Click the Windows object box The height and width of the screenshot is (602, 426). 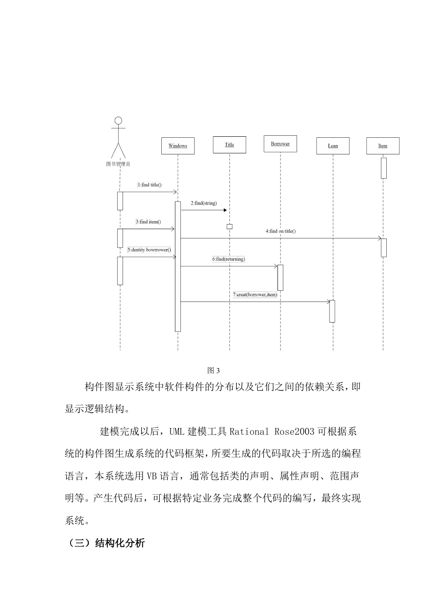tap(177, 146)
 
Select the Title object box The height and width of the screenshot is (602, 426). tap(229, 145)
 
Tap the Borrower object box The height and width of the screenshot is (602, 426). tap(280, 144)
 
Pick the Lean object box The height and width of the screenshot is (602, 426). tap(333, 146)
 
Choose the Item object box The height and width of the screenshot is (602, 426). tap(383, 146)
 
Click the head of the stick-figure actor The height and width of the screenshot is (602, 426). tap(118, 121)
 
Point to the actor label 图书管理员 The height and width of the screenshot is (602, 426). tap(118, 164)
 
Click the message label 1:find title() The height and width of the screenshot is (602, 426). tap(150, 185)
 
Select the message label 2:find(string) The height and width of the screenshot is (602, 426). tap(204, 203)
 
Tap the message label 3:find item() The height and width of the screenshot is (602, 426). tap(149, 222)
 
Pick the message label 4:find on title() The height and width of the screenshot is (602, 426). tap(280, 231)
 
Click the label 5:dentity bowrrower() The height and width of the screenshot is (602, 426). tap(149, 250)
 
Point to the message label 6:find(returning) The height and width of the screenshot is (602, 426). tap(228, 259)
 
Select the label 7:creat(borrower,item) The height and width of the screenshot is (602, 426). tap(255, 295)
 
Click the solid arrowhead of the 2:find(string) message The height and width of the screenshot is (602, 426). tap(225, 210)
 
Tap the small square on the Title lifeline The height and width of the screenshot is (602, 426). tap(229, 226)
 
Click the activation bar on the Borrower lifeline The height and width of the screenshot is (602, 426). tap(280, 277)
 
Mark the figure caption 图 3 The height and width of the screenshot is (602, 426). tap(213, 371)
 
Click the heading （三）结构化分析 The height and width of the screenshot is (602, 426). tap(105, 543)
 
